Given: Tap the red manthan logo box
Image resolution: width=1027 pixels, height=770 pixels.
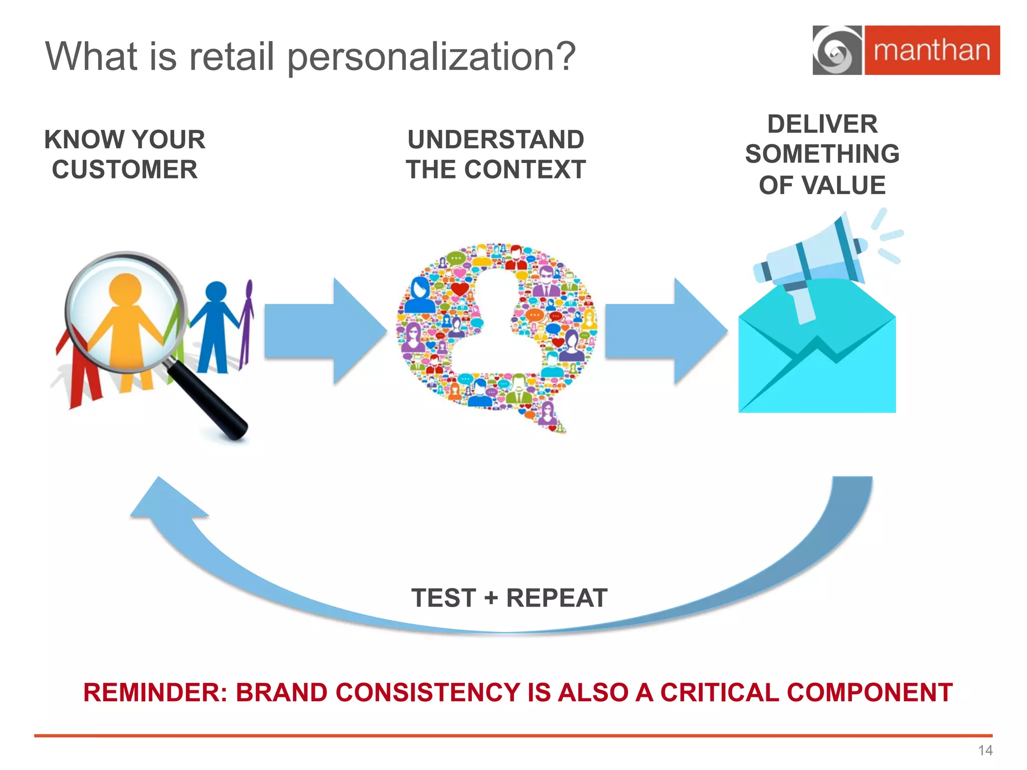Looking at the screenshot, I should click(x=932, y=50).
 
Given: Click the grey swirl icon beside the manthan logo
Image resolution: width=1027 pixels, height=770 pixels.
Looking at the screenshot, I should click(x=836, y=51).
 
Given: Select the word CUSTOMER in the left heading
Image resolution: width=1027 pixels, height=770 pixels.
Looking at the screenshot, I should click(x=125, y=169).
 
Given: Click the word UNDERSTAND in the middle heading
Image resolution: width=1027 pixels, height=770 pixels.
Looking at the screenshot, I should click(x=495, y=139).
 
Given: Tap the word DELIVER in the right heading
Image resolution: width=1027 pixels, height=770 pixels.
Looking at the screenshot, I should click(x=822, y=124).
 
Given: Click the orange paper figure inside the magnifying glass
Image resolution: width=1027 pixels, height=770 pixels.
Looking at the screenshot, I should click(x=125, y=321).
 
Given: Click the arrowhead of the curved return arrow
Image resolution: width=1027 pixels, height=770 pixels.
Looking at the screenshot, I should click(x=165, y=501).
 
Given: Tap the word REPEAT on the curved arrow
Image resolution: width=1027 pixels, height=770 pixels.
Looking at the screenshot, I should click(x=557, y=598).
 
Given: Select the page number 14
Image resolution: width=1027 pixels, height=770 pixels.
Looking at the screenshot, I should click(x=985, y=750).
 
